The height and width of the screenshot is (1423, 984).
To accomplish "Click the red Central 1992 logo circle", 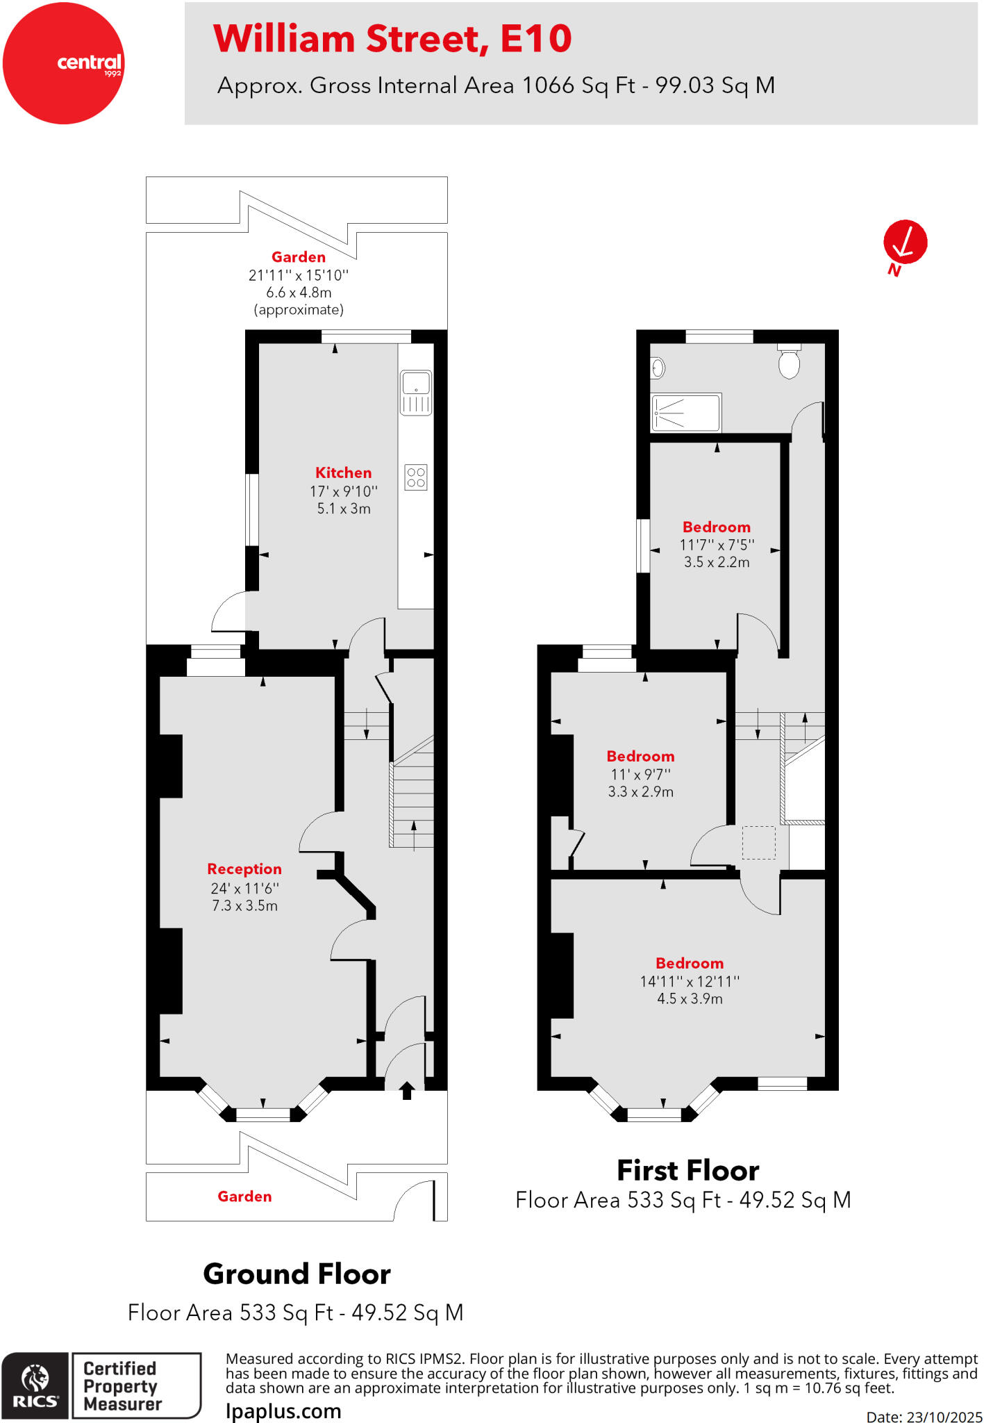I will click(63, 63).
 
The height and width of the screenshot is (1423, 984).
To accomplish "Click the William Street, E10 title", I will click(392, 39).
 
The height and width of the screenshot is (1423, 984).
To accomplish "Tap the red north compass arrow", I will click(905, 243).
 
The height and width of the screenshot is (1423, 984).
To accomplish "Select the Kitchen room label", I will click(343, 473).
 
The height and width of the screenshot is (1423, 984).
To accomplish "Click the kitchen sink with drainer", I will click(416, 393).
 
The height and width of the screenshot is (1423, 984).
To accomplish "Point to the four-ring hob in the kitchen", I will click(416, 477).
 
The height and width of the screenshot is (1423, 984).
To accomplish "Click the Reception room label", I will click(244, 869).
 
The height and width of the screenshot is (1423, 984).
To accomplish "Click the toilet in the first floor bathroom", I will click(789, 362).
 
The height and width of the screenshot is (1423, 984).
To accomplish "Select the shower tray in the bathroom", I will click(686, 413).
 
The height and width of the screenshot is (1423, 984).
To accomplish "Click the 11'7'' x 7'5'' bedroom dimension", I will click(717, 545).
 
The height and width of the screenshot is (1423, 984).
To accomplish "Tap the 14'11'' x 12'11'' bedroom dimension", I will click(690, 982).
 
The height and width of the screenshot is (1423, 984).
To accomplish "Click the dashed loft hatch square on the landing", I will click(758, 842).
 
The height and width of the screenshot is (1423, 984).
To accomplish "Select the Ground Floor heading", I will click(297, 1274).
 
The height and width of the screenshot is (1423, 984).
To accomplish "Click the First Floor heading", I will click(687, 1171).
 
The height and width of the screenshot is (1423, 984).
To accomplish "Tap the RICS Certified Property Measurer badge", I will click(101, 1386).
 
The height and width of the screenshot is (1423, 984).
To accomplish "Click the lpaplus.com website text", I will click(283, 1411).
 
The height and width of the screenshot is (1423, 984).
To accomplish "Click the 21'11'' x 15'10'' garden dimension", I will click(299, 275).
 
